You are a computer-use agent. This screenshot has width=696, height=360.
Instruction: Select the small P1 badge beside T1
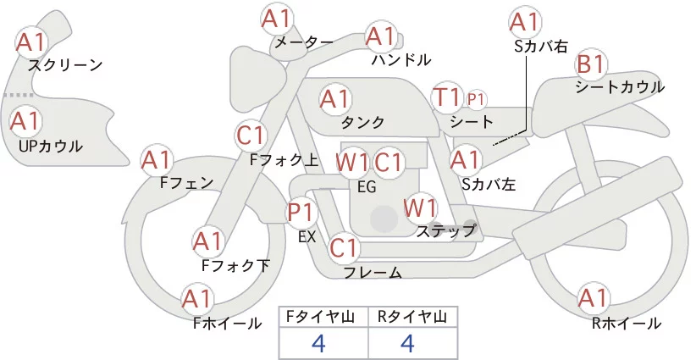[476, 100]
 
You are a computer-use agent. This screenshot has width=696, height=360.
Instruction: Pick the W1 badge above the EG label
[351, 162]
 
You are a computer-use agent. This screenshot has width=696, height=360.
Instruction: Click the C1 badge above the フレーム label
[345, 248]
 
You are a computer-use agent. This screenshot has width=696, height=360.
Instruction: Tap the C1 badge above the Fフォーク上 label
[252, 135]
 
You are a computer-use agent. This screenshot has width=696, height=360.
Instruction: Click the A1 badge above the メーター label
[278, 18]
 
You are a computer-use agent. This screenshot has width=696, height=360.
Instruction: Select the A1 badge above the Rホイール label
[593, 298]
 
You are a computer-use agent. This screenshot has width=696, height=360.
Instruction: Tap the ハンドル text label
[401, 60]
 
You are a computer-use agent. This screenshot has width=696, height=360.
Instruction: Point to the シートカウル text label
[620, 87]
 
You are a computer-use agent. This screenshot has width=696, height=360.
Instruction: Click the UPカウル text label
[51, 147]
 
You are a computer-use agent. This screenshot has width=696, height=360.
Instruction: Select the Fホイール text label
[227, 323]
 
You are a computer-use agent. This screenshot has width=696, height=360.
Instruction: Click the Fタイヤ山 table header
[323, 317]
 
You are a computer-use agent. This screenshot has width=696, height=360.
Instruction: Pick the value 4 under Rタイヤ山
[407, 343]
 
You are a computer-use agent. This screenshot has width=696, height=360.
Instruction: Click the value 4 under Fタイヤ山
[318, 343]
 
